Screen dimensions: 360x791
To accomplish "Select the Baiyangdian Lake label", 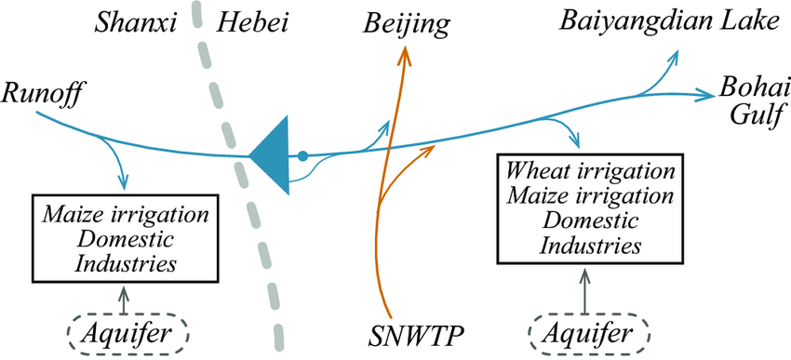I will click(x=668, y=20).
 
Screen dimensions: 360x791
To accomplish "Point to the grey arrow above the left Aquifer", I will click(x=126, y=298).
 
